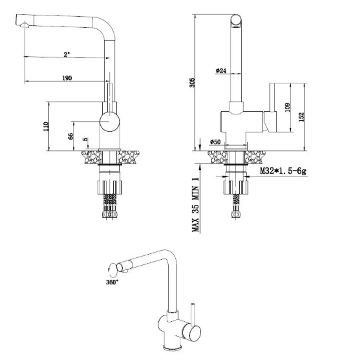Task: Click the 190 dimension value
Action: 67,78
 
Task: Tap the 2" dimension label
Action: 67,54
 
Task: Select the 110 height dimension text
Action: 46,126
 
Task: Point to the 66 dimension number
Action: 71,136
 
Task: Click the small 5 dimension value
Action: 85,139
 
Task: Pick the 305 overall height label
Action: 192,83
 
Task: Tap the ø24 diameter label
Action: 220,70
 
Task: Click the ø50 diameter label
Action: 215,142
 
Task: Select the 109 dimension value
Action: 287,107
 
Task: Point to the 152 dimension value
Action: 301,116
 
